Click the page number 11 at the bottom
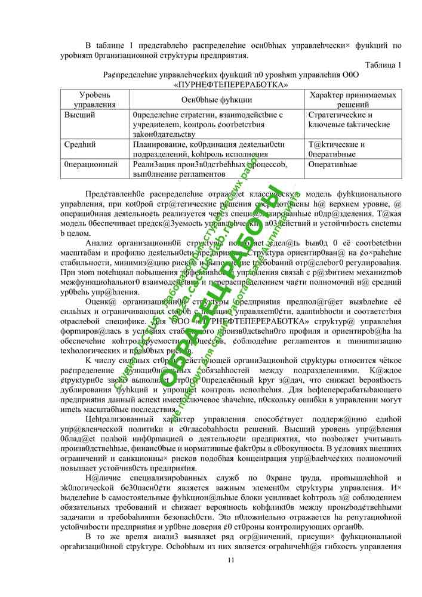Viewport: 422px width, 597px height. (x=232, y=559)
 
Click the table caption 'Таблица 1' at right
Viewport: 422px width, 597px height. (x=382, y=64)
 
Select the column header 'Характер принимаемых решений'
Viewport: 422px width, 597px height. (x=353, y=100)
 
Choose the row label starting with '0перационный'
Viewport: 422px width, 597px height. (x=91, y=164)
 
